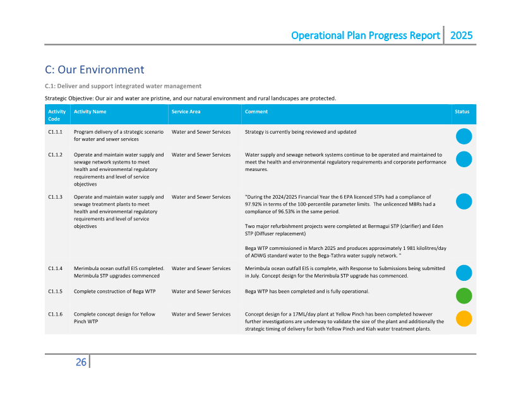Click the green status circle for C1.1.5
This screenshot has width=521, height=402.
point(464,295)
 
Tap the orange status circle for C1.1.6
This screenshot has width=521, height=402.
point(464,318)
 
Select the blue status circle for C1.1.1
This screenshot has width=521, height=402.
point(464,136)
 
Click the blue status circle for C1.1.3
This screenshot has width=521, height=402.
point(464,201)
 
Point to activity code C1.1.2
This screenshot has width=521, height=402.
point(55,155)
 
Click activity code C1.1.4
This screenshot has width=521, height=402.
point(55,269)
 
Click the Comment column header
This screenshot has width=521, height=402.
point(256,112)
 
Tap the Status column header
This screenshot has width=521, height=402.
point(462,112)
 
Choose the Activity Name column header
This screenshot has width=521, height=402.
point(90,112)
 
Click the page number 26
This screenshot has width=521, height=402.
point(81,362)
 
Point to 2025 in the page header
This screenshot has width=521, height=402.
point(461,35)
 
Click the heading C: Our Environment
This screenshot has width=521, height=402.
point(95,69)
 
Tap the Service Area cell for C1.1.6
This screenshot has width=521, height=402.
point(201,314)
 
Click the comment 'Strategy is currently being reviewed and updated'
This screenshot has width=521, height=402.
point(300,132)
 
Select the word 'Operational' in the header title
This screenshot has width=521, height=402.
point(319,35)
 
